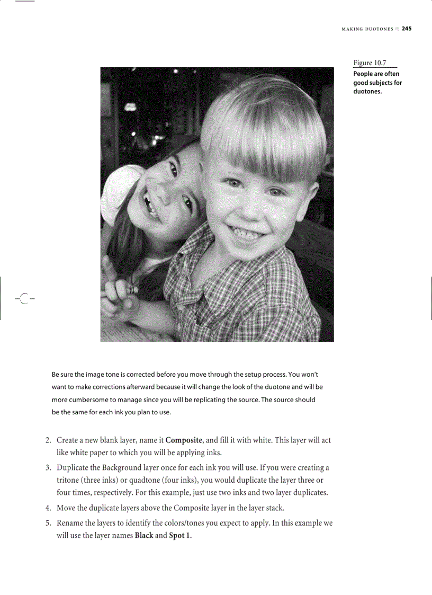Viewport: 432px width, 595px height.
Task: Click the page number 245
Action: tap(406, 29)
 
